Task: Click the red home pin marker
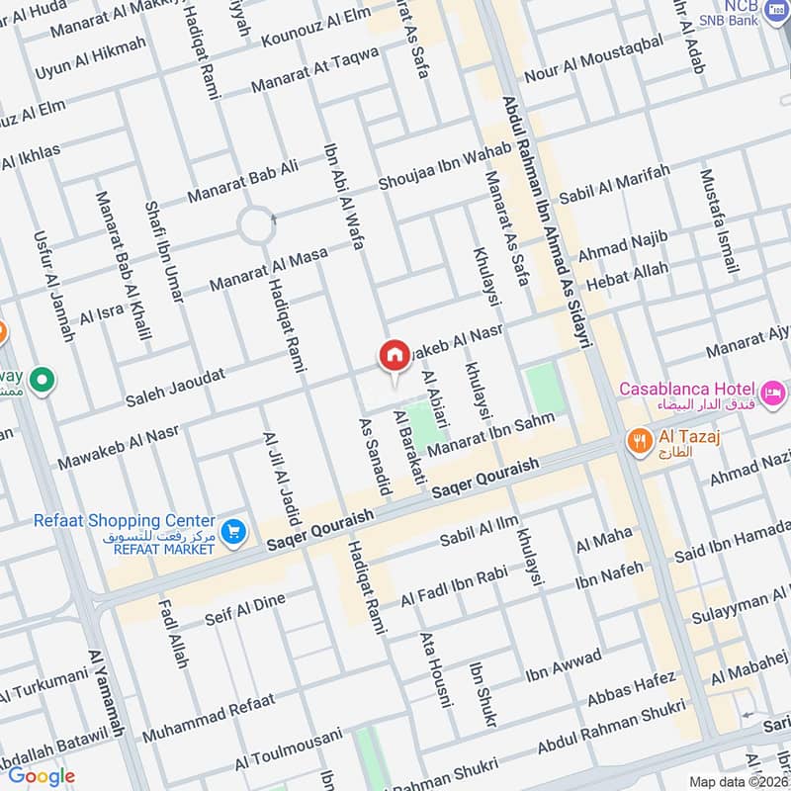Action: (x=394, y=356)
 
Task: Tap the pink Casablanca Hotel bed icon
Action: (x=773, y=389)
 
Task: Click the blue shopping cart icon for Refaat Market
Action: (x=232, y=531)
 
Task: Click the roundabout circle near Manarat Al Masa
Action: (x=256, y=227)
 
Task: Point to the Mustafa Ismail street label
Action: (x=719, y=221)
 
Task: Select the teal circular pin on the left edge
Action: (x=42, y=379)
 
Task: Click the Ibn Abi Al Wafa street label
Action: (x=344, y=195)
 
